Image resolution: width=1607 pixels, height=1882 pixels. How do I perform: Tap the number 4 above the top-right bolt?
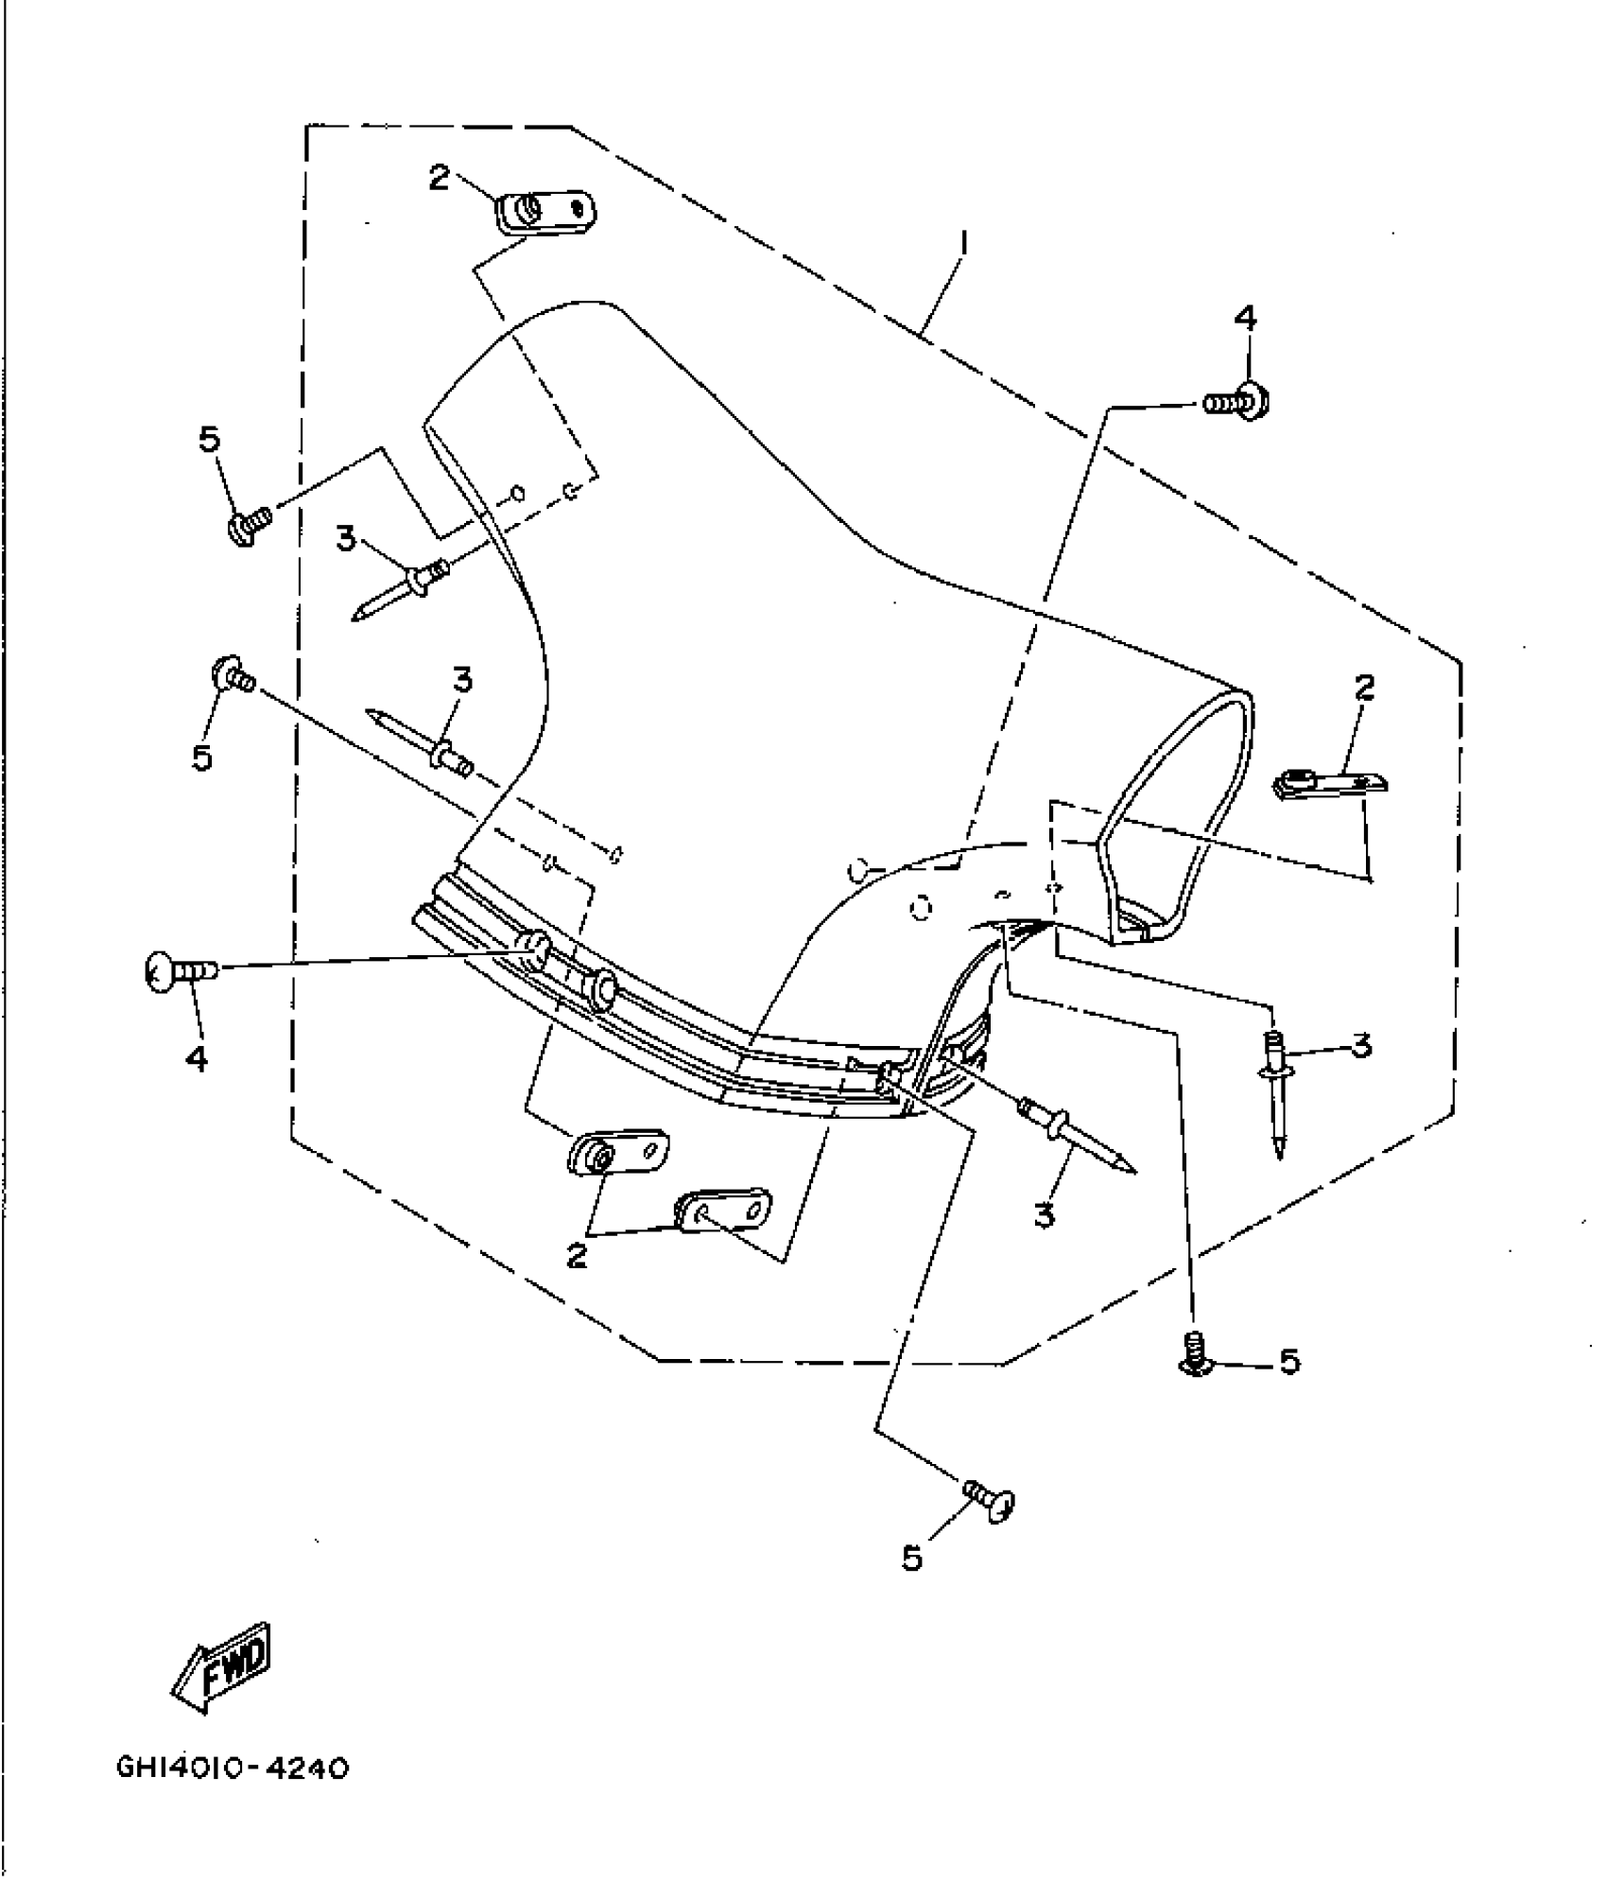(1246, 318)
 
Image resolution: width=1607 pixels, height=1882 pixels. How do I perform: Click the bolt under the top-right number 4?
(1236, 403)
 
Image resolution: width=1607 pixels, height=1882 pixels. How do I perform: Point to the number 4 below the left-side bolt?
(197, 1059)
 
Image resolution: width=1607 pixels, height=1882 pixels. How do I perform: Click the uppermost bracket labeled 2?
(545, 211)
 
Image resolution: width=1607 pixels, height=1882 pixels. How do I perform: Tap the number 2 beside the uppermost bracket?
(439, 177)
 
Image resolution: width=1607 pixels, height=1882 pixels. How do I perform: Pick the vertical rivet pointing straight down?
(1277, 1092)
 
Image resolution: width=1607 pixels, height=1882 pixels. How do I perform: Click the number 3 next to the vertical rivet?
(1360, 1046)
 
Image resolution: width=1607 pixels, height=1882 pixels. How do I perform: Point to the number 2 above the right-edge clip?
(1363, 688)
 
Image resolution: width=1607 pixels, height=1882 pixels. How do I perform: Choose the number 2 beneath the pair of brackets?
(576, 1255)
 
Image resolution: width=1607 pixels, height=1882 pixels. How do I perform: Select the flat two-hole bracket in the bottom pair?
(723, 1209)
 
